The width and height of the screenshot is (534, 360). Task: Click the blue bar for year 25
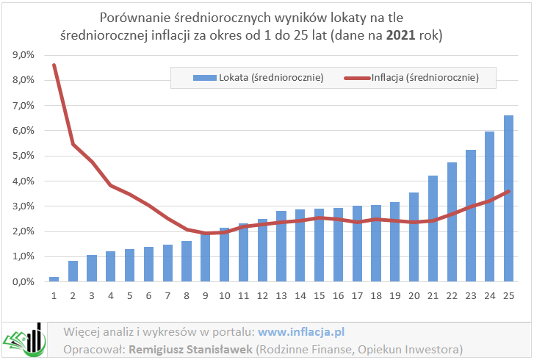pos(508,198)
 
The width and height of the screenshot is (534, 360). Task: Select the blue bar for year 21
pos(433,228)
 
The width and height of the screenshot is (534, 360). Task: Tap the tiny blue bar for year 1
pos(54,279)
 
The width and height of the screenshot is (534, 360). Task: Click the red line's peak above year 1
pos(54,65)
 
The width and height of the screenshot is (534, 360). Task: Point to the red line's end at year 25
pos(508,191)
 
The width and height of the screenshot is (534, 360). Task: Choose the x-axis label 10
pos(225,295)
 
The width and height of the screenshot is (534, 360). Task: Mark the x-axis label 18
pos(376,295)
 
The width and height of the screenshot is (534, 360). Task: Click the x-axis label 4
pos(111,295)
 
